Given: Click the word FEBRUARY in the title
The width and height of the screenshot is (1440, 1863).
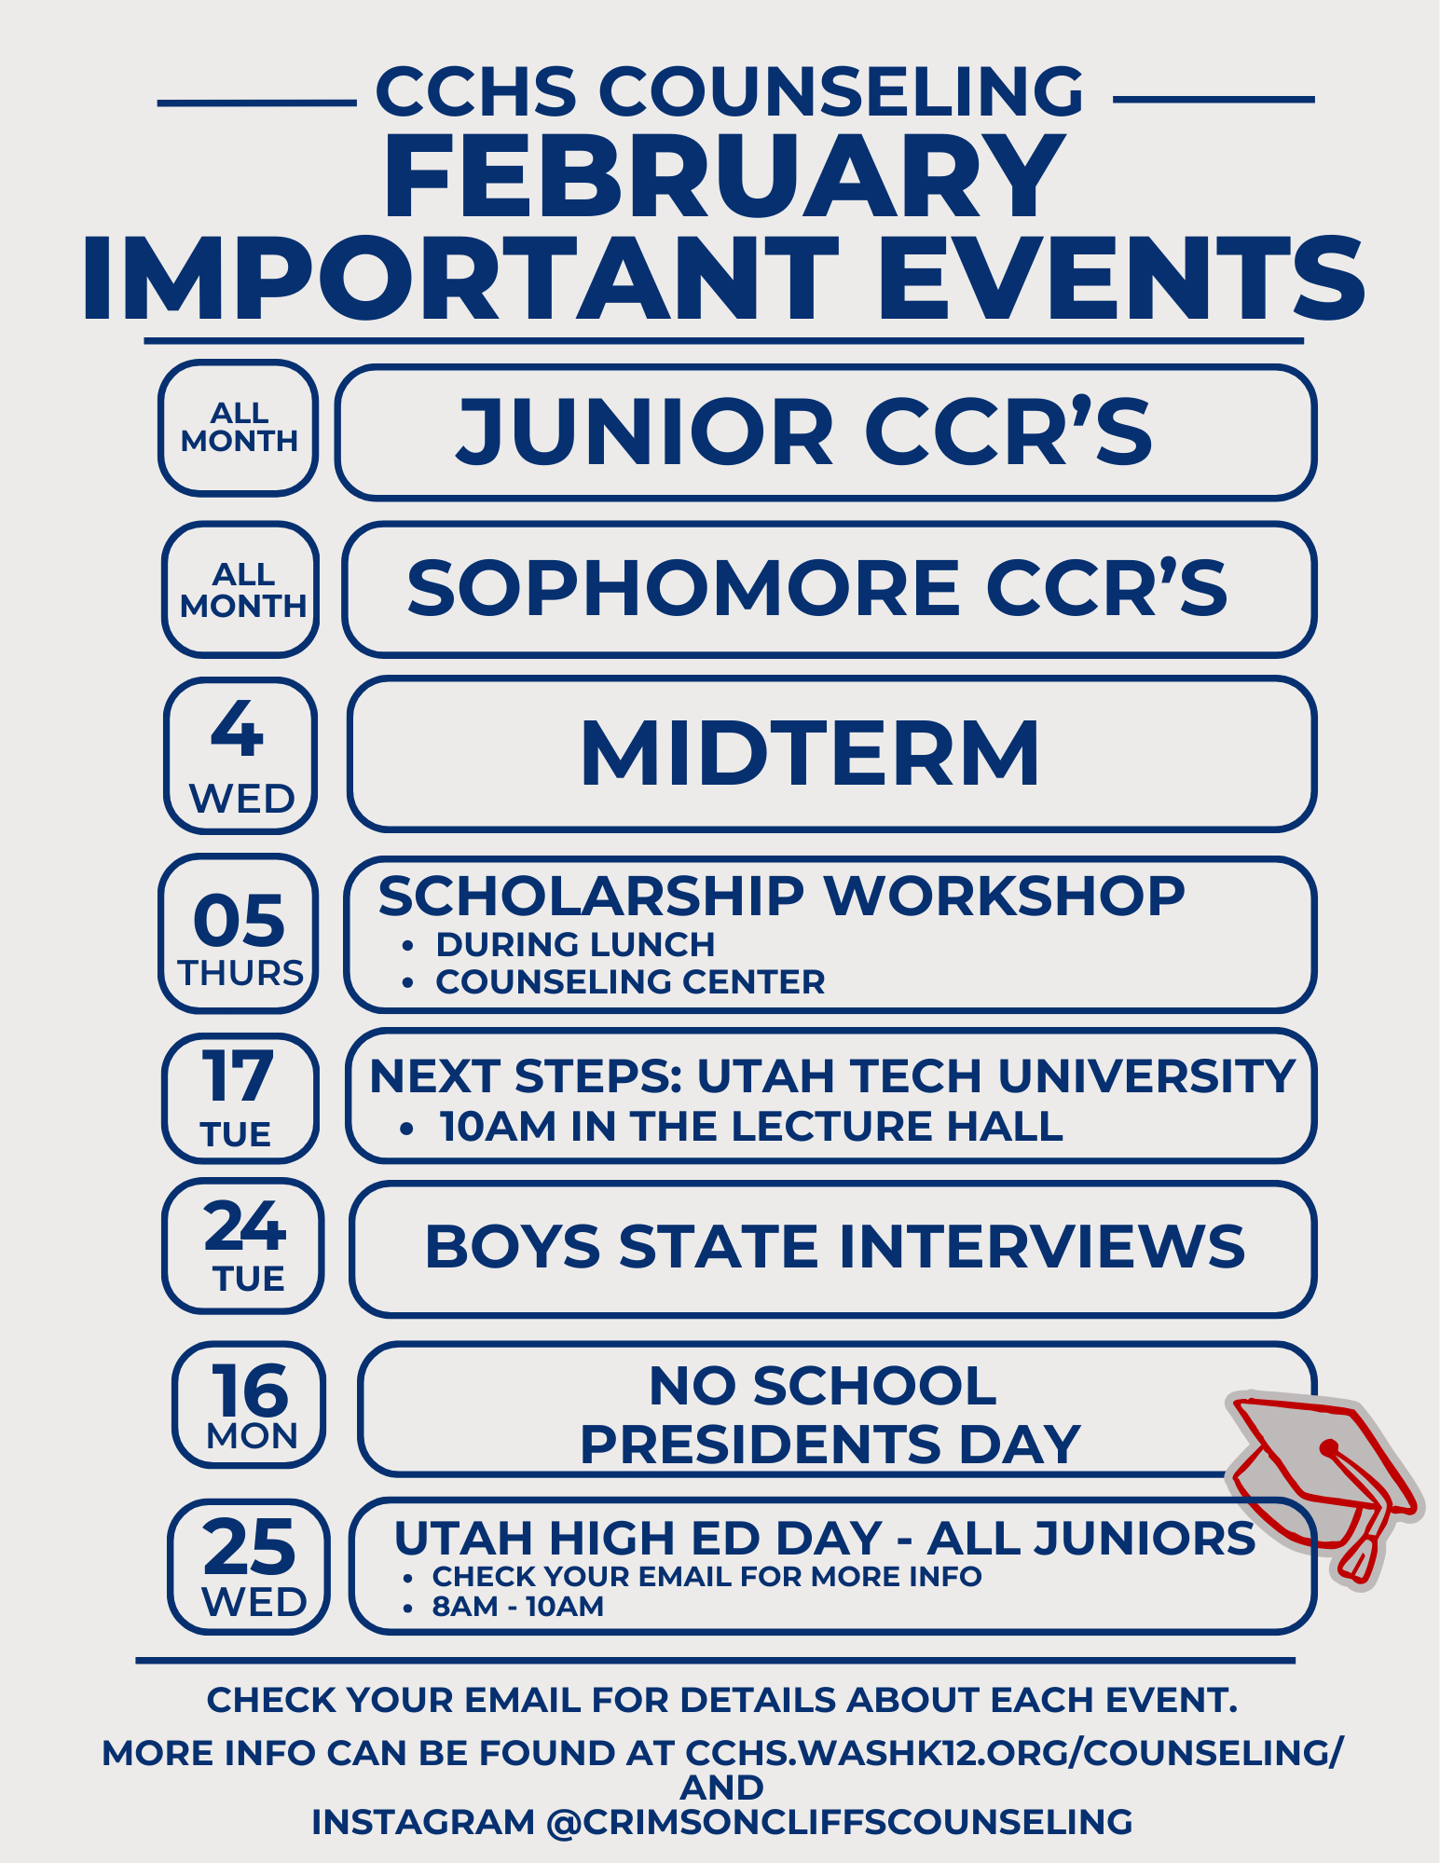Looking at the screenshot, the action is [x=724, y=176].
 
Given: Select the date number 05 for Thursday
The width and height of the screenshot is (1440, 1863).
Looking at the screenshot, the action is [x=239, y=921].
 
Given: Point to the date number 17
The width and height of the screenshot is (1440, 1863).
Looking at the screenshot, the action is [x=238, y=1075].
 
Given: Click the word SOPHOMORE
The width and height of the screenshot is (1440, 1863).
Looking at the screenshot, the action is [x=683, y=589].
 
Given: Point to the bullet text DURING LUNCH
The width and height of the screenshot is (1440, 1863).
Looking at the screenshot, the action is [x=575, y=944].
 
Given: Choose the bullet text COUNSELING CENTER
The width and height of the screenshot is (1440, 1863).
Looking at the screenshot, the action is [x=630, y=981].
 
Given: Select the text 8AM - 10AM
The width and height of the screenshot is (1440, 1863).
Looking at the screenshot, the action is [x=518, y=1607].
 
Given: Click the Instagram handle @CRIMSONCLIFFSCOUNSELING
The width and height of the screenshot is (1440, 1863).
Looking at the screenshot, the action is [x=839, y=1822].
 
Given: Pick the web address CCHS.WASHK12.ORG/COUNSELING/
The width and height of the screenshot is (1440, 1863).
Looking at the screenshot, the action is [x=1015, y=1753].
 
